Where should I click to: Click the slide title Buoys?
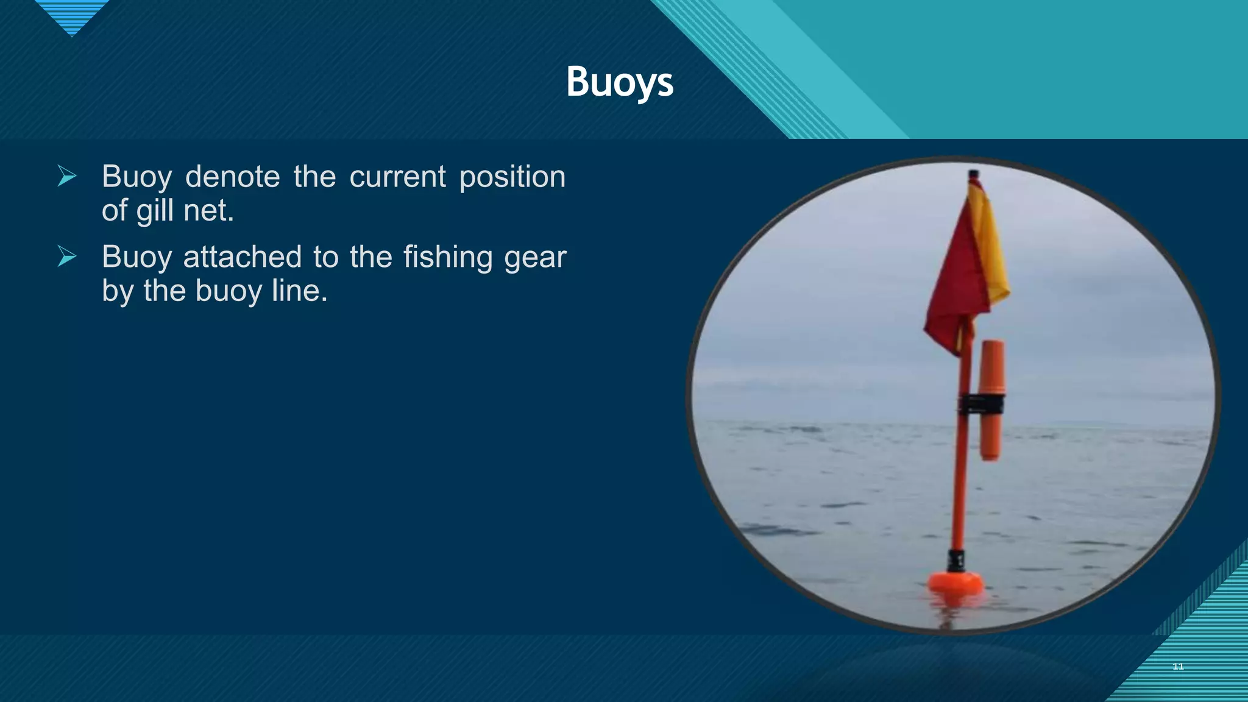tap(620, 82)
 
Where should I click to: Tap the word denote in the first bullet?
tap(232, 177)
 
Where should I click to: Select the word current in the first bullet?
tap(397, 177)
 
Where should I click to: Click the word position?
tap(512, 177)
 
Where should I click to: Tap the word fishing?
tap(447, 257)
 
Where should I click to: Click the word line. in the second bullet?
tap(299, 291)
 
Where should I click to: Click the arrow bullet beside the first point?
tap(67, 176)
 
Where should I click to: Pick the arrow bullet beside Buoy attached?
tap(67, 256)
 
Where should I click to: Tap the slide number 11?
tap(1178, 667)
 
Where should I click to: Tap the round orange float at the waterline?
tap(955, 581)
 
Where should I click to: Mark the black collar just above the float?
tap(955, 559)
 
